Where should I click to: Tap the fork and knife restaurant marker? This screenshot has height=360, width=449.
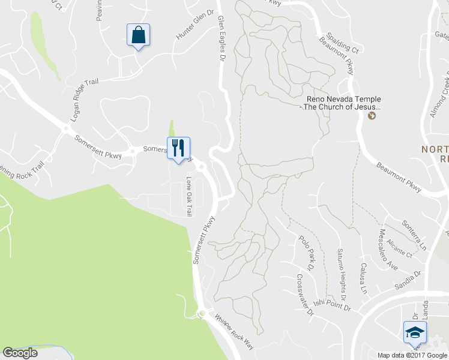(178, 148)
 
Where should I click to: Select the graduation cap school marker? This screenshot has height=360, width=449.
(415, 332)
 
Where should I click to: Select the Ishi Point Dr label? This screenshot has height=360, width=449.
(331, 307)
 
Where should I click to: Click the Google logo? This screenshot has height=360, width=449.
(20, 353)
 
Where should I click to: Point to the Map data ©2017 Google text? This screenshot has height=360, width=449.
(412, 355)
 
